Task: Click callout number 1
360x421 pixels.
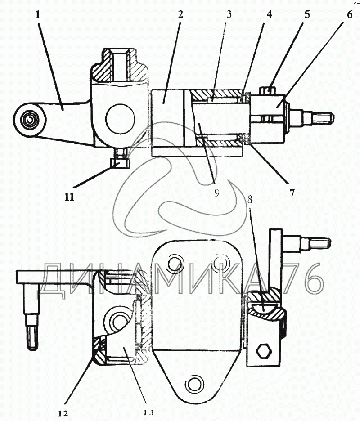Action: point(38,15)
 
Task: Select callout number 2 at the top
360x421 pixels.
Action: point(180,14)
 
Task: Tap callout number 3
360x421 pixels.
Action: point(229,14)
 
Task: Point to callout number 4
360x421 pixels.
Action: point(269,14)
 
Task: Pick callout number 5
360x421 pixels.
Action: point(307,14)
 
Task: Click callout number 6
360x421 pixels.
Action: point(349,14)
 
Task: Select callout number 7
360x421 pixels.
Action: point(292,193)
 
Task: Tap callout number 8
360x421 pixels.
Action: point(250,200)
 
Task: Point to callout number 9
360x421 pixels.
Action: point(217,192)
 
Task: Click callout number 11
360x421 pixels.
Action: point(69,197)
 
